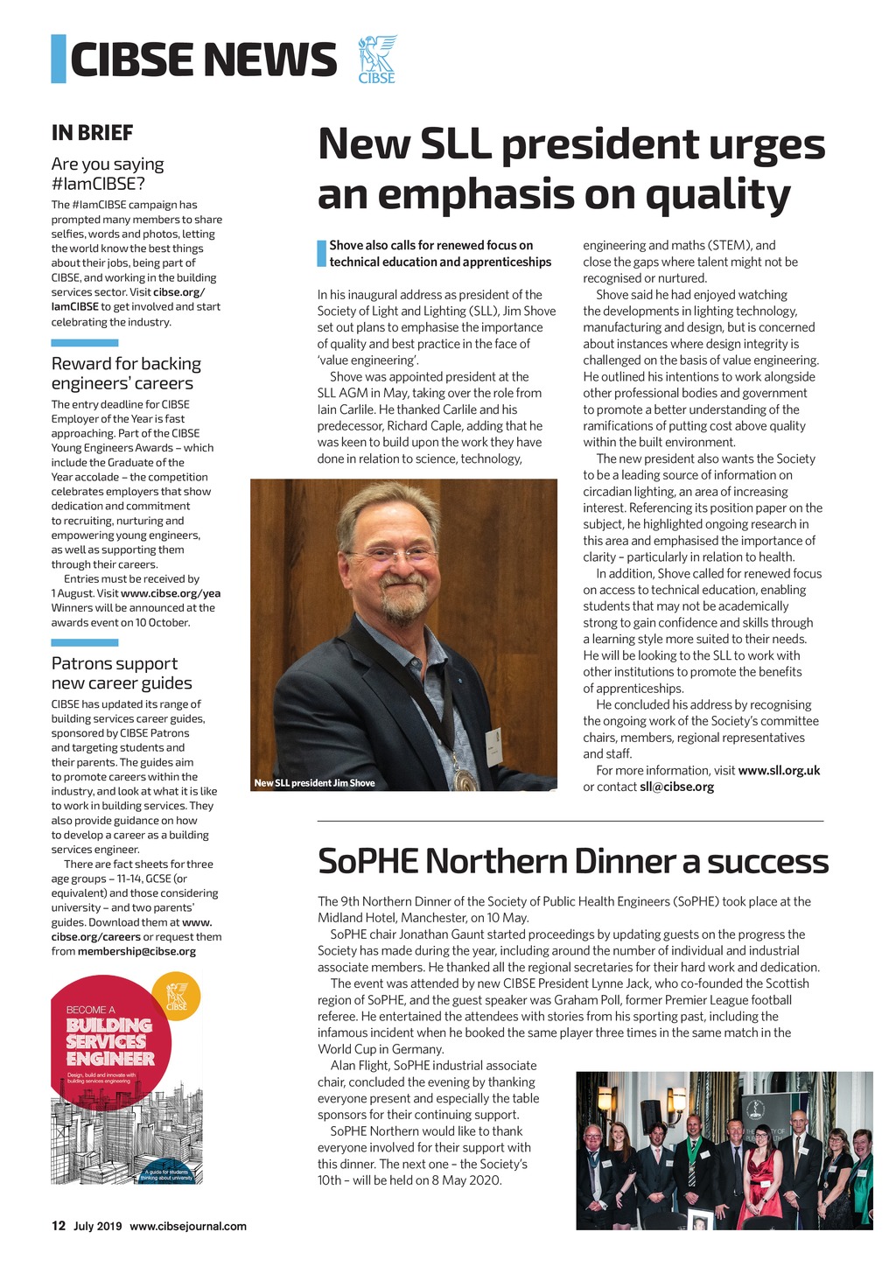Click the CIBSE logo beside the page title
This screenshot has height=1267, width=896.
[x=377, y=59]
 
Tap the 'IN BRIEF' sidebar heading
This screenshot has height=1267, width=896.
[x=92, y=133]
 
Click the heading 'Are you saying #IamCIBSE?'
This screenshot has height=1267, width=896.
[x=108, y=173]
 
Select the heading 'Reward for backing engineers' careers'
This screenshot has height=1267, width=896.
[x=126, y=373]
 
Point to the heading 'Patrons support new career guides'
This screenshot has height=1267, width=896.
[x=121, y=673]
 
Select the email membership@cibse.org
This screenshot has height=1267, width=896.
[x=136, y=951]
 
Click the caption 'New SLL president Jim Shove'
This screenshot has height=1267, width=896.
[x=314, y=783]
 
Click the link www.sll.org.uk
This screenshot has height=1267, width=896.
[x=779, y=770]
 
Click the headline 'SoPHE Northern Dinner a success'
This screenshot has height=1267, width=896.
[x=572, y=860]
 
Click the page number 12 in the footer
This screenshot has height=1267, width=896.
[x=59, y=1226]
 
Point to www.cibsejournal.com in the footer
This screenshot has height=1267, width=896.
[x=188, y=1226]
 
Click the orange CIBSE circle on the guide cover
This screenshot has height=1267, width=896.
[x=177, y=996]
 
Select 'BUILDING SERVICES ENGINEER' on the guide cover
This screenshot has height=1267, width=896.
[x=110, y=1041]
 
